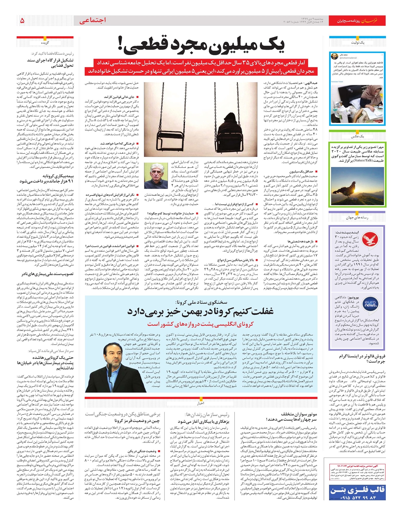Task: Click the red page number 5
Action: [22, 21]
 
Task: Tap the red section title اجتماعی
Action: [93, 21]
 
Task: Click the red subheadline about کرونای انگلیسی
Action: [200, 324]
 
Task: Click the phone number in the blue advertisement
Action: [357, 497]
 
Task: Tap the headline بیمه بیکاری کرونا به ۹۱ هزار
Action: [46, 179]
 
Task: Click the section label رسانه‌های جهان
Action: [357, 217]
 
